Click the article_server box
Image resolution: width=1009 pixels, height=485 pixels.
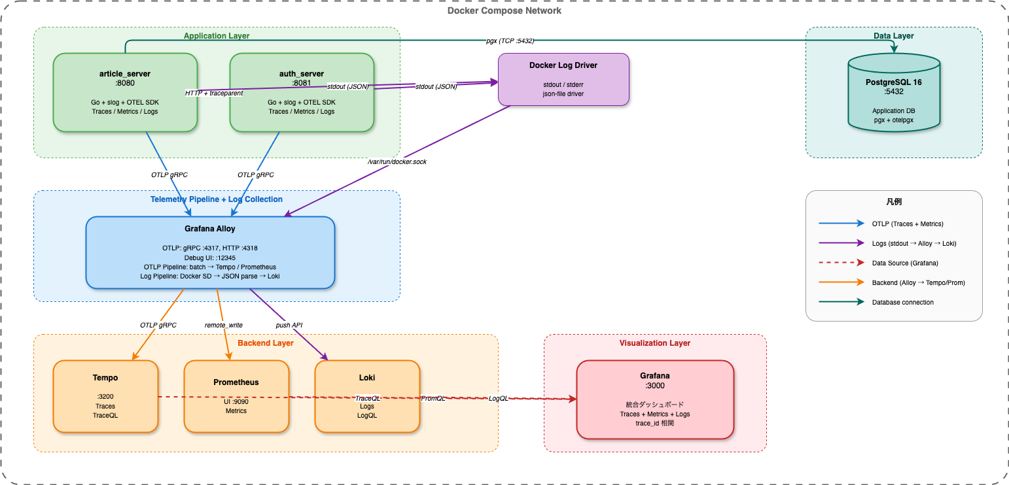124,93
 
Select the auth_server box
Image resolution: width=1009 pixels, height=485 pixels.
301,93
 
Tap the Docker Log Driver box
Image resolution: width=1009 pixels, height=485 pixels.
563,79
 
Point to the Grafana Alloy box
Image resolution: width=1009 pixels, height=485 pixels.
210,253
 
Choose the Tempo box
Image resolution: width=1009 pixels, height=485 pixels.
105,396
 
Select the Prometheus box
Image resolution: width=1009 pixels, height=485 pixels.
236,396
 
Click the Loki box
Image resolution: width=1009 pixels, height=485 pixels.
366,396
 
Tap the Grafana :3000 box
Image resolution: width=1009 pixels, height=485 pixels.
654,399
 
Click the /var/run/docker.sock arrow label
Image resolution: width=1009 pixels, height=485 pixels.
397,161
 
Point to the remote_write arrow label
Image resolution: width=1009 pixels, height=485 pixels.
223,325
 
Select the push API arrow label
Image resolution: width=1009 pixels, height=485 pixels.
289,325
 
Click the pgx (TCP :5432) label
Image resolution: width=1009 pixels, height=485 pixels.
510,41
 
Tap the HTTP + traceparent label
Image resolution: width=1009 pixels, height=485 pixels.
214,93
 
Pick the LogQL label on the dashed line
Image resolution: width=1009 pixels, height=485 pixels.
499,398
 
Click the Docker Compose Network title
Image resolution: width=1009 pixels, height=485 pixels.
504,10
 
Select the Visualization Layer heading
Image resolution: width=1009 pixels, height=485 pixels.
654,343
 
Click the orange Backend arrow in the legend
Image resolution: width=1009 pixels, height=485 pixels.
841,282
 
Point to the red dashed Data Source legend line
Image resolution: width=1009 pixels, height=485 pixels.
841,263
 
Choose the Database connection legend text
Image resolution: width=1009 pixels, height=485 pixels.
902,302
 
